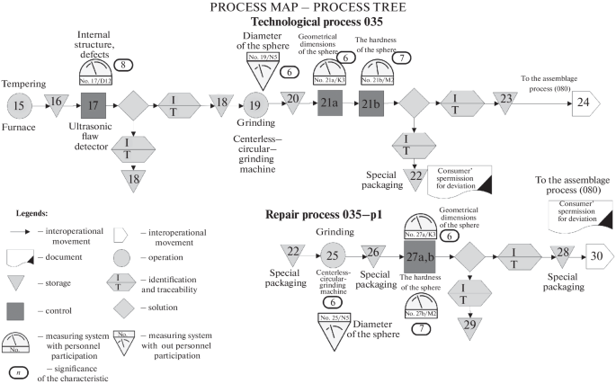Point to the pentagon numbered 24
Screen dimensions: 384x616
583,104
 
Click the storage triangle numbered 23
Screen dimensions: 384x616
507,100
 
